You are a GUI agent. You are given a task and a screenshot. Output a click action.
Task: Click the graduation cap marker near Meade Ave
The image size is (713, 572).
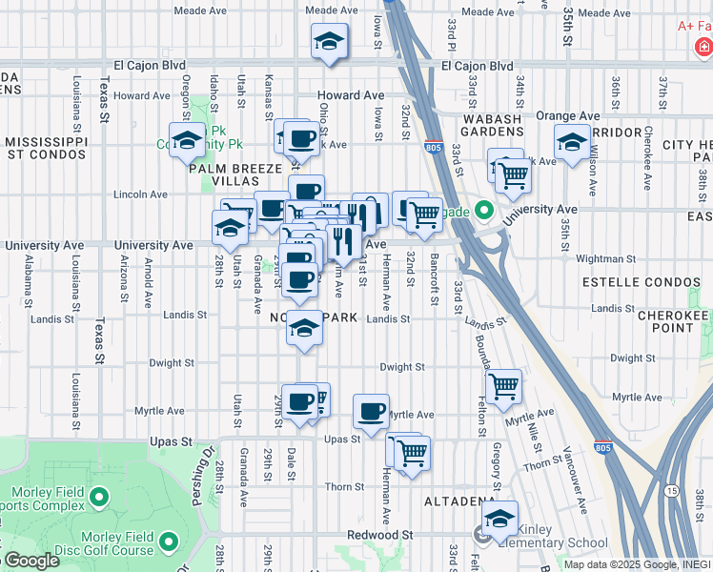coord(329,42)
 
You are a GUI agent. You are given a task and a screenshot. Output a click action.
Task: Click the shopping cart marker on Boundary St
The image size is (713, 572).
coord(503,387)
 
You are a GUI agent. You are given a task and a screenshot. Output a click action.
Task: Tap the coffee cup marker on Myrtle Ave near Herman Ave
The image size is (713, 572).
coord(371,412)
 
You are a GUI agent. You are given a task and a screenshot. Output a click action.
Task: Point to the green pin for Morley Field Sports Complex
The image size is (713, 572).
coord(98,497)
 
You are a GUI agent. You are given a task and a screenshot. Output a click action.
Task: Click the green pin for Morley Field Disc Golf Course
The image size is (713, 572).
coord(169,542)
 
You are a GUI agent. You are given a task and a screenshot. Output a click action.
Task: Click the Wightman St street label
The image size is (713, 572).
coord(605,258)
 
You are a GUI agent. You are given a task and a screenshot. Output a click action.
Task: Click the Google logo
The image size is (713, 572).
coord(31,562)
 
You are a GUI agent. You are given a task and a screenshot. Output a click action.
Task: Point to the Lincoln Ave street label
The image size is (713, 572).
coord(140,194)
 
